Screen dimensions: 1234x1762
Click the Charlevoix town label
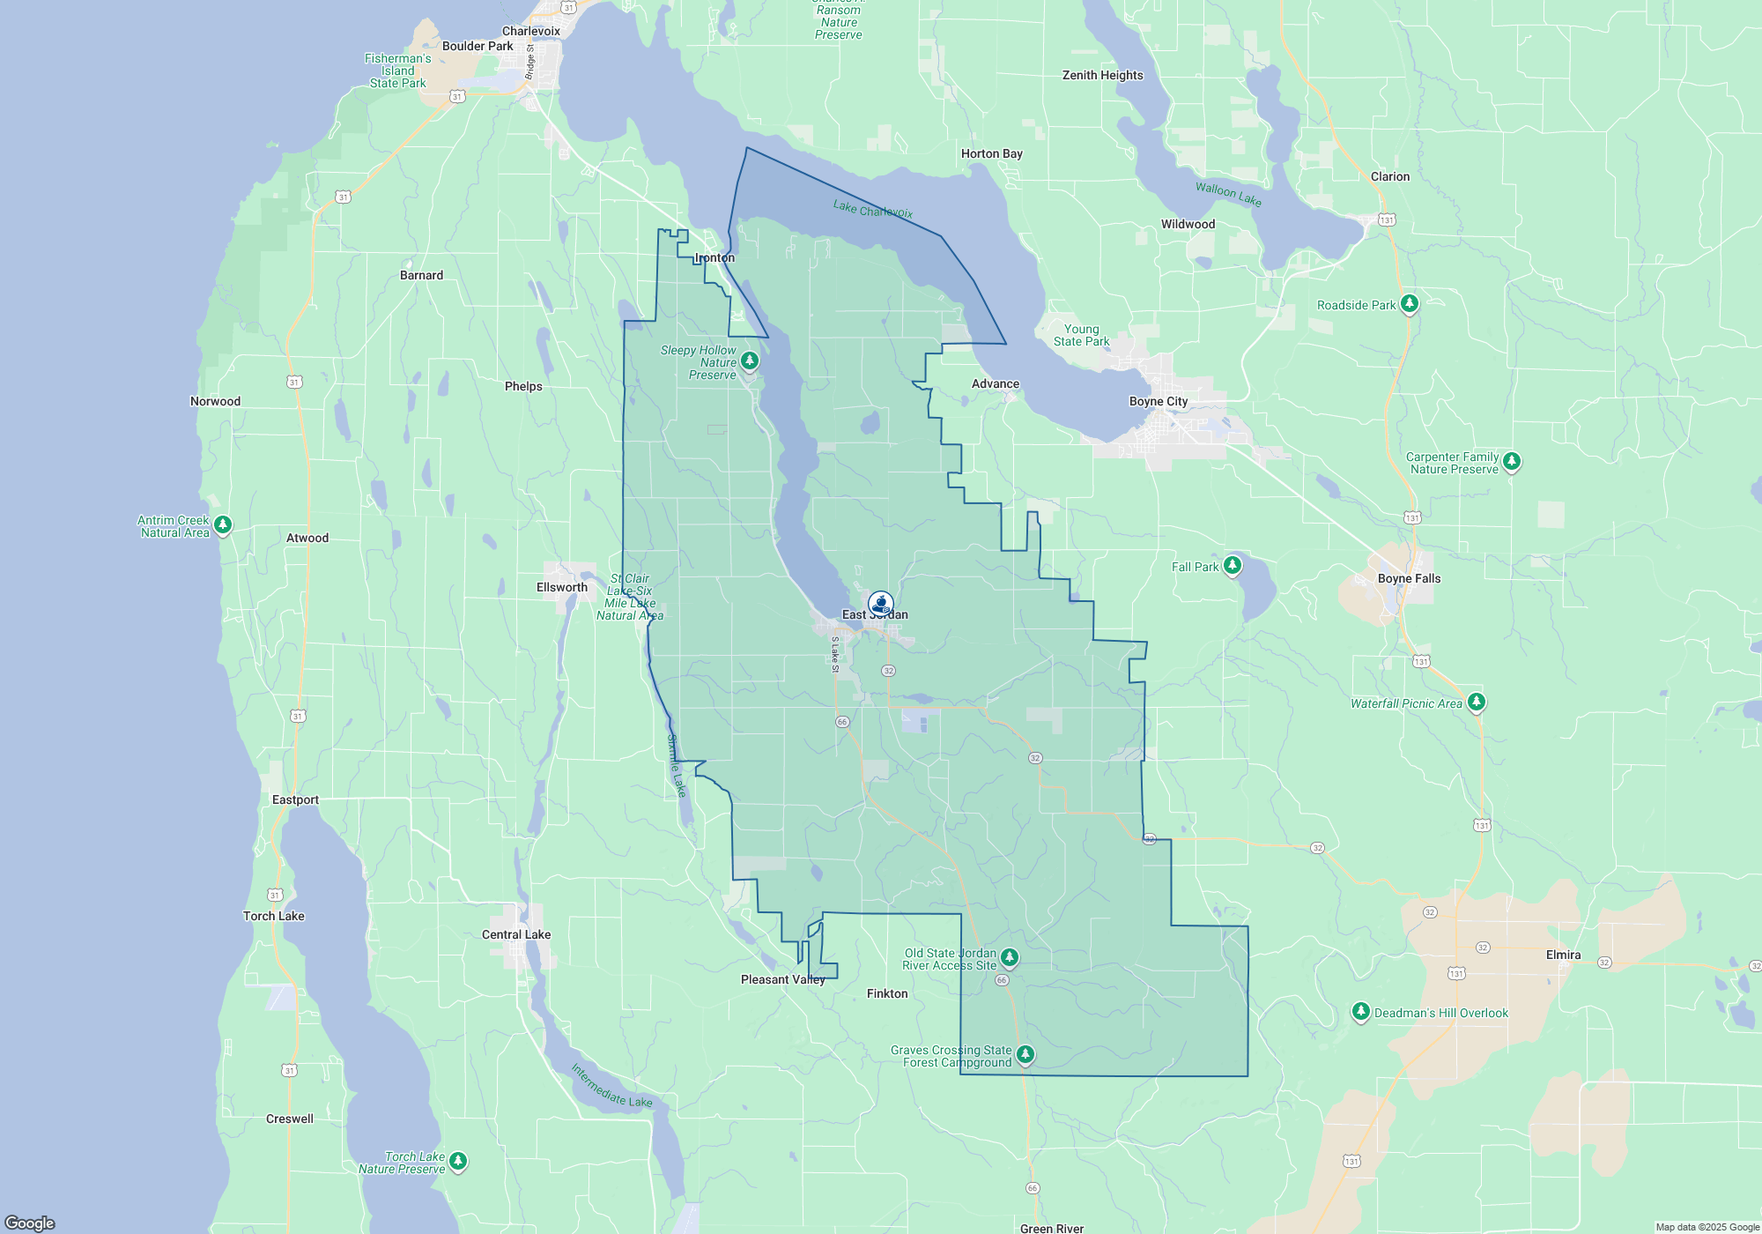[531, 31]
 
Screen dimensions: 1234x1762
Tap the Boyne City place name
[1159, 401]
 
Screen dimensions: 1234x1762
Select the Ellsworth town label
[562, 587]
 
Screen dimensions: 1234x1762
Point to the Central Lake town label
[516, 934]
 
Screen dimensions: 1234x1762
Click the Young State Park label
[1081, 335]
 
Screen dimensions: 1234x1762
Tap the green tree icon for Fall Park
[1233, 565]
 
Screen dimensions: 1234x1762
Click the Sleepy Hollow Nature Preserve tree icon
[750, 361]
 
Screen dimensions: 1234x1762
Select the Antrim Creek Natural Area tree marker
[223, 525]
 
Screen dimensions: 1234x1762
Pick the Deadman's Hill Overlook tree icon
[1361, 1011]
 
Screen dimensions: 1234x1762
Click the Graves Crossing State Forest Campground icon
[1025, 1054]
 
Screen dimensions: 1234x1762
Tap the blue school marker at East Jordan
[880, 604]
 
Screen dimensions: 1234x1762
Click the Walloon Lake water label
[1228, 194]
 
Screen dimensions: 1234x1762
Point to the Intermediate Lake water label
[611, 1086]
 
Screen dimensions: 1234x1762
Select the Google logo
[30, 1223]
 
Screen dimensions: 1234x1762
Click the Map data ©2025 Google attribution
[1706, 1227]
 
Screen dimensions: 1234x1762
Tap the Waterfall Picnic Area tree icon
[1477, 702]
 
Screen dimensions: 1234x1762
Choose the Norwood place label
[215, 401]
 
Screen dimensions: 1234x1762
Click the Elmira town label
[1563, 955]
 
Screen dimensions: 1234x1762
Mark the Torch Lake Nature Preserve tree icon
[458, 1161]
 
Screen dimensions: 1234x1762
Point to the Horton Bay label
[991, 153]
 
